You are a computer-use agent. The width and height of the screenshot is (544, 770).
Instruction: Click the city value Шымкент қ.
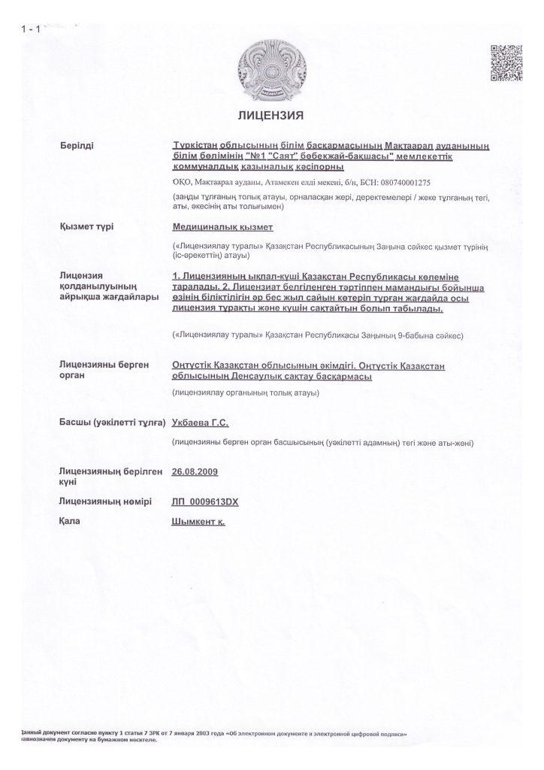199,520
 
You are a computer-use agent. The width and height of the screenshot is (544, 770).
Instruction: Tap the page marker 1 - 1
32,30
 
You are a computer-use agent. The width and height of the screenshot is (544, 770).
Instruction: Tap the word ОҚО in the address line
183,182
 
